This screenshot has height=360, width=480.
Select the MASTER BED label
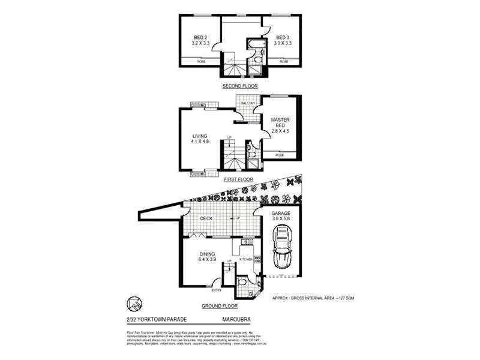click(280, 123)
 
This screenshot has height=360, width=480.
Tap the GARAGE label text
click(280, 214)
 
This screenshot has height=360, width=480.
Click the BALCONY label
click(248, 103)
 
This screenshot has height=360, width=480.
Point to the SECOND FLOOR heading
click(240, 86)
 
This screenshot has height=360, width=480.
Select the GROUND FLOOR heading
click(220, 306)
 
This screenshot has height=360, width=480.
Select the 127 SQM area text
click(347, 298)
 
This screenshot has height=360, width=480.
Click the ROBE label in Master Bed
click(280, 155)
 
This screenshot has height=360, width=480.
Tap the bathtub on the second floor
click(253, 44)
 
